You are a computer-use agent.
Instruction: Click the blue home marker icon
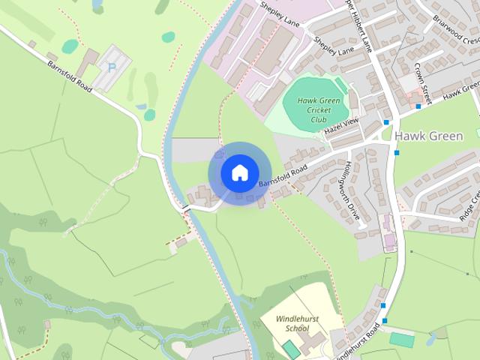point(239,172)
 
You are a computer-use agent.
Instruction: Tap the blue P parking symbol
point(112,67)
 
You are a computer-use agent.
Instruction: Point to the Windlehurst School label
point(297,323)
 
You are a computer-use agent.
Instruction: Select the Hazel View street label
point(342,126)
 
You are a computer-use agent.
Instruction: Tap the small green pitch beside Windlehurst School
point(290,349)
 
